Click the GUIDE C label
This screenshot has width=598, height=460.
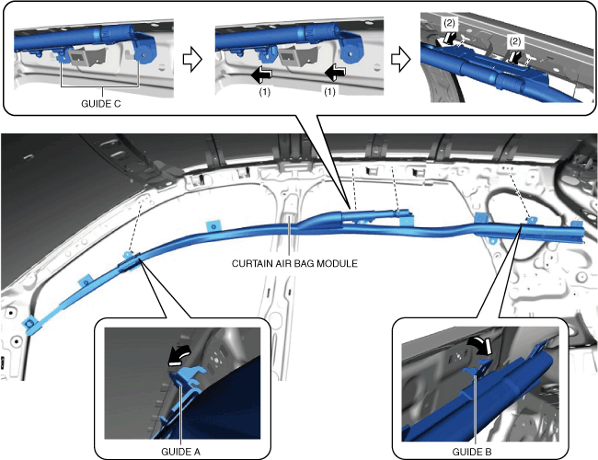point(100,104)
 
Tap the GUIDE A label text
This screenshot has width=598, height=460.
point(180,452)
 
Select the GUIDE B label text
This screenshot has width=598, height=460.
point(472,452)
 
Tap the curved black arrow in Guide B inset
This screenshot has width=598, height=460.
point(480,344)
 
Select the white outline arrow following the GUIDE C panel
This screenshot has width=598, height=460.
point(192,61)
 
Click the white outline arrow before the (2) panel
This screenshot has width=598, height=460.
point(400,61)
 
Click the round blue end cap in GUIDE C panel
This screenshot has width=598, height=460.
point(144,53)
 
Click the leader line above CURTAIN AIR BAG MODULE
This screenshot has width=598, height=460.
point(290,237)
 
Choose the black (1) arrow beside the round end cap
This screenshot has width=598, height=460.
point(335,72)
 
